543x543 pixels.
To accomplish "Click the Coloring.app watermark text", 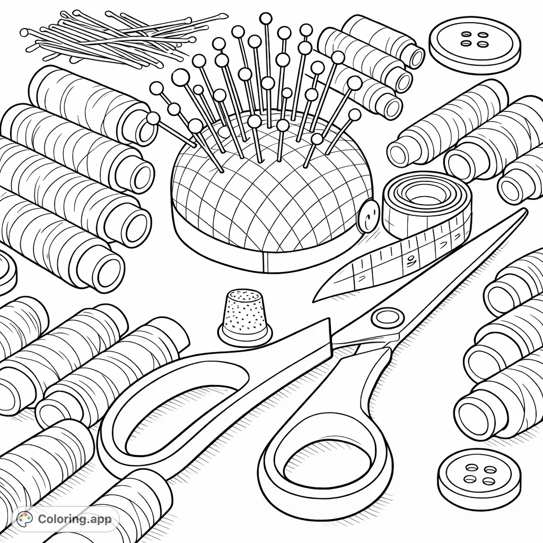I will point(74,519).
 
